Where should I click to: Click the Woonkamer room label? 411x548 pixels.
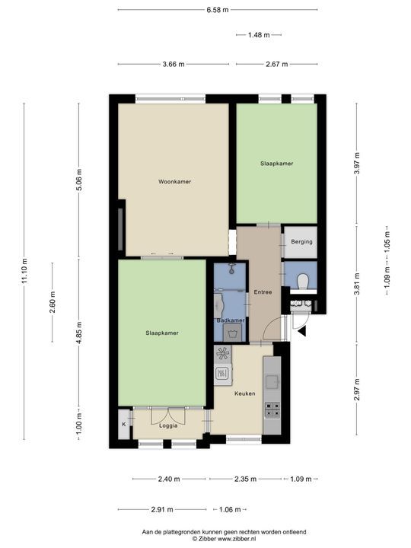tap(174, 182)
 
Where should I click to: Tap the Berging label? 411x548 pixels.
tap(298, 242)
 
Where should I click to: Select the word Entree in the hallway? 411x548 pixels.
tap(263, 292)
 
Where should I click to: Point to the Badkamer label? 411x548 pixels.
tap(231, 320)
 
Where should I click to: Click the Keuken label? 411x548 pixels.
tap(244, 394)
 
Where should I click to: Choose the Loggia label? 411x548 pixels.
tap(168, 425)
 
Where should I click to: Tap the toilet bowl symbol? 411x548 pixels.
tap(302, 280)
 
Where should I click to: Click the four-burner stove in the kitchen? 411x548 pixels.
tap(271, 409)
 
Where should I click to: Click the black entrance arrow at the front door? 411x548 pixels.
tap(301, 331)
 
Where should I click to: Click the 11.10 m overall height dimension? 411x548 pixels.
tap(24, 269)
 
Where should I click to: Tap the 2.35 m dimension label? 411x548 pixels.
tap(244, 479)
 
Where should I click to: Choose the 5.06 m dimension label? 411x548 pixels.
tap(79, 180)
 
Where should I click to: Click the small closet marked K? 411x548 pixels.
tap(123, 424)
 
